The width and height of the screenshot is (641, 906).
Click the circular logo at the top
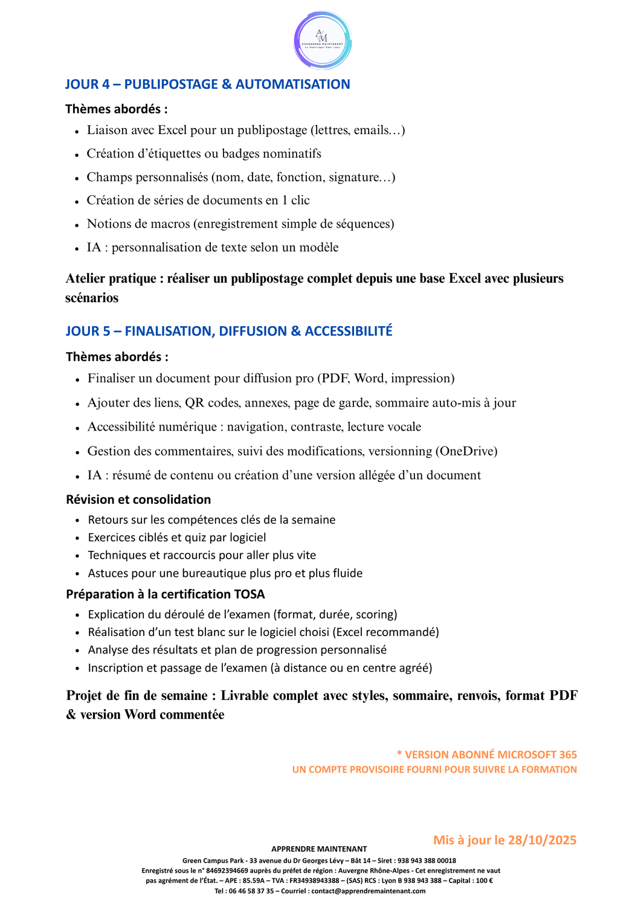tap(323, 41)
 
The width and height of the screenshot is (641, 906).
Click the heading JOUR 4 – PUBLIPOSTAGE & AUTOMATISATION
tap(207, 85)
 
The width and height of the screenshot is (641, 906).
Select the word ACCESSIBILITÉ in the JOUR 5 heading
tap(349, 331)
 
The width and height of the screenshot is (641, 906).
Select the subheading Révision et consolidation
tap(138, 500)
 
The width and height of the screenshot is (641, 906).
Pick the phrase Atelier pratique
tap(111, 278)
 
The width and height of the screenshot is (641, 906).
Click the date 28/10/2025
tap(542, 840)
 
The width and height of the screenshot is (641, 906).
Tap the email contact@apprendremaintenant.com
tap(369, 891)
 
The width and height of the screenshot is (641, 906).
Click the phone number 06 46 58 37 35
tap(253, 891)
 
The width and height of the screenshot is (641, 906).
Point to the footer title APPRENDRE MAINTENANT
tap(319, 849)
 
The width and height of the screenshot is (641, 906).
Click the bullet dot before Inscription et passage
tap(77, 669)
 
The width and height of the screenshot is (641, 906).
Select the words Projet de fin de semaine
tap(137, 696)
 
